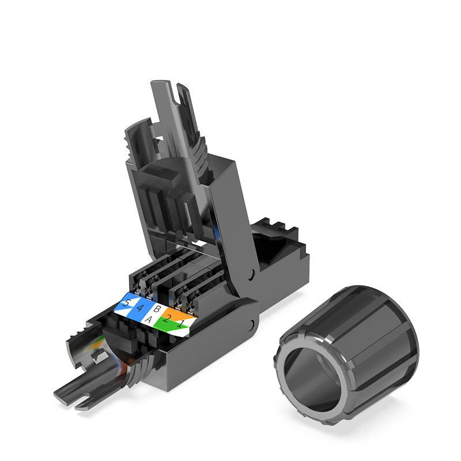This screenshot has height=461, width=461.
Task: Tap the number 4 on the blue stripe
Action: [x=138, y=308]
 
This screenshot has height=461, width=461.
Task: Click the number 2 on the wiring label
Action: [x=168, y=320]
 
